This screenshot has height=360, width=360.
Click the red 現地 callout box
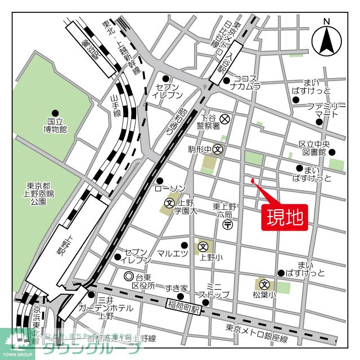coord(284,217)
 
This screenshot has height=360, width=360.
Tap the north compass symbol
coord(326,39)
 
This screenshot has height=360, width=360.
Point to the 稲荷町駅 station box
coord(183,307)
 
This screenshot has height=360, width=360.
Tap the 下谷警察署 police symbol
coord(224,119)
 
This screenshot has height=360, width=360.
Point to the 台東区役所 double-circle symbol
coord(128,277)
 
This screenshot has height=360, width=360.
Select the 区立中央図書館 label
coord(313,148)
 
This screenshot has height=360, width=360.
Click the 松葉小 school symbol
coord(264,283)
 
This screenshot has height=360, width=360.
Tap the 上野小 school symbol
coord(202,246)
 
